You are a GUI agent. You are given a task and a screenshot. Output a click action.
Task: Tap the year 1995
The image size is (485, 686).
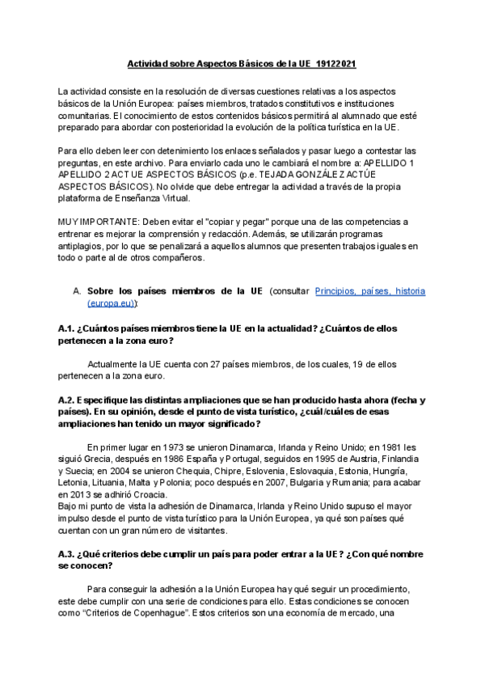[x=305, y=459]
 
